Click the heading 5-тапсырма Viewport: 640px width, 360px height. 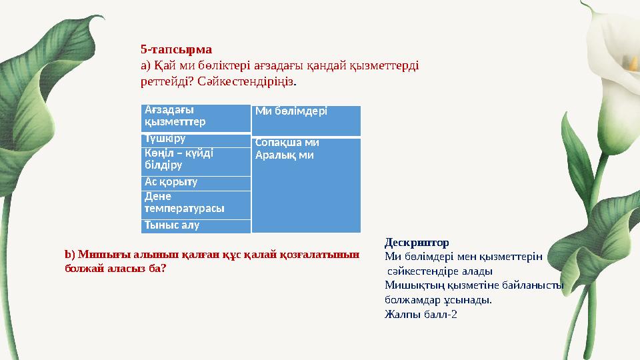point(176,49)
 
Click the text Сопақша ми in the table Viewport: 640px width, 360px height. point(287,143)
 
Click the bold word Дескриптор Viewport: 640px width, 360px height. point(417,242)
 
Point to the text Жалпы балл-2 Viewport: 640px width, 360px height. point(421,315)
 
